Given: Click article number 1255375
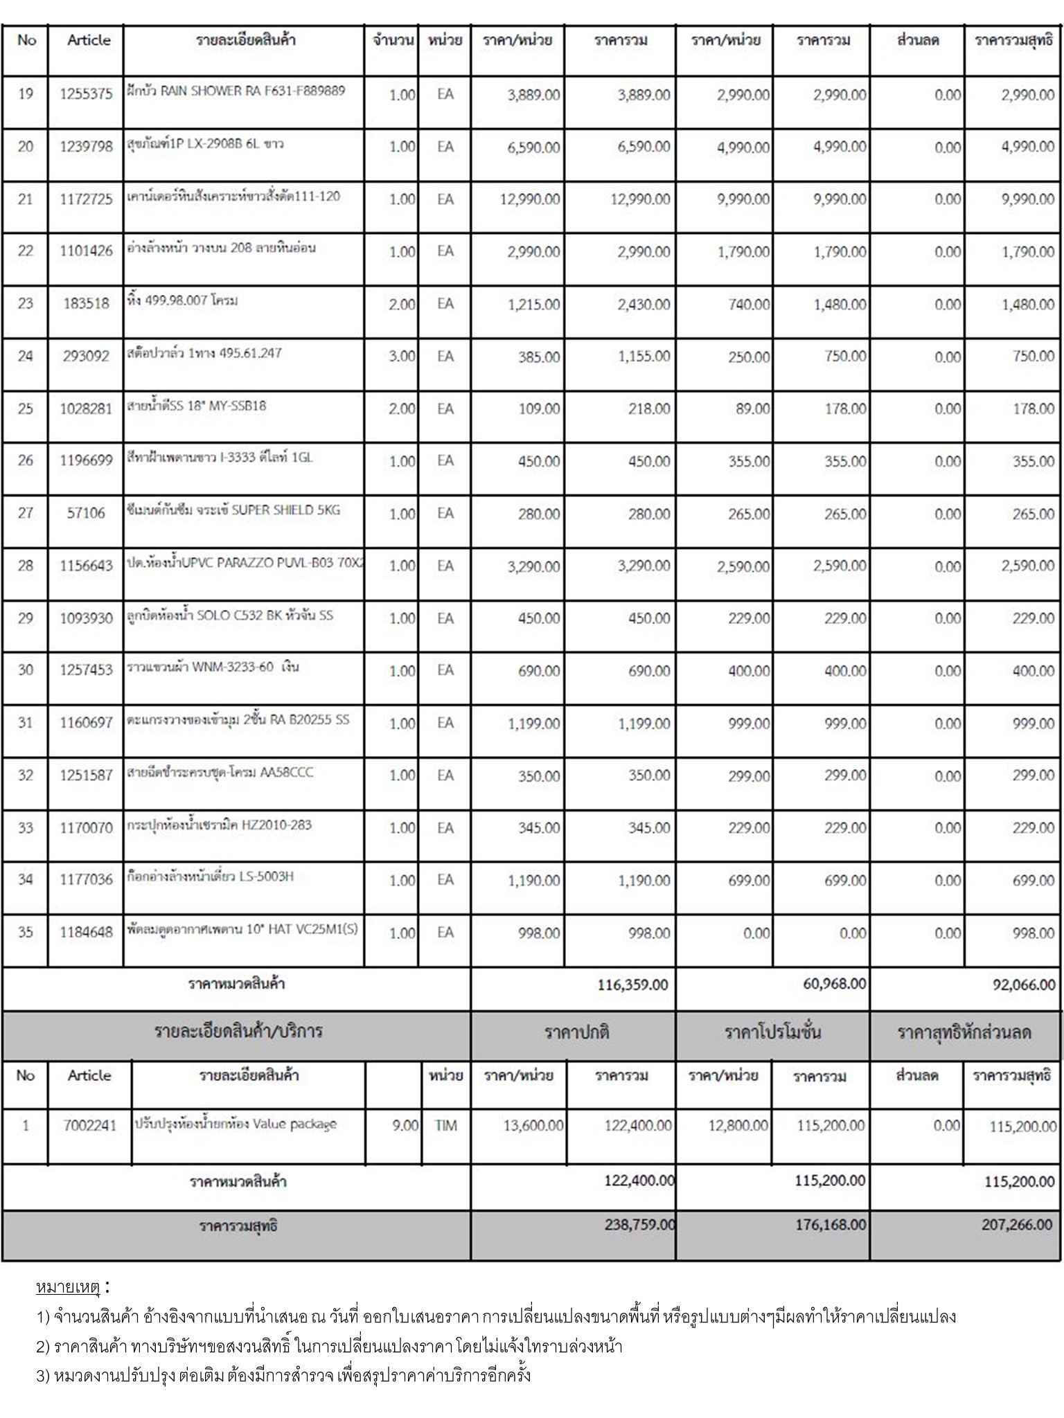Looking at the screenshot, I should pos(86,94).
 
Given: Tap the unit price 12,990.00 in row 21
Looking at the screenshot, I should pos(530,199).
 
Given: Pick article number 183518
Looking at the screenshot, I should pos(86,303).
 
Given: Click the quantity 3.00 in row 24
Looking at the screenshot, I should pos(402,356).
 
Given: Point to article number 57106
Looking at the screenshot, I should pos(86,513).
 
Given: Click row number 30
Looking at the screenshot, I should pos(26,670).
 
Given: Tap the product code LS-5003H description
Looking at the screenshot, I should pos(267,877).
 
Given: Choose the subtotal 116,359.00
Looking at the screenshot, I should pos(632,985).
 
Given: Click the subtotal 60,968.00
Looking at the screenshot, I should pos(834,984).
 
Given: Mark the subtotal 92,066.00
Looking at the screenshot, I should pos(1024,985).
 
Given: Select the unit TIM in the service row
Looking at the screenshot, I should pos(445,1126).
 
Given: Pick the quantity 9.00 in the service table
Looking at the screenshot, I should pos(405,1126).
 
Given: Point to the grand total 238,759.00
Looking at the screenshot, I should pos(639,1225).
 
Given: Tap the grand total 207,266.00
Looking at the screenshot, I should pos(1016,1225).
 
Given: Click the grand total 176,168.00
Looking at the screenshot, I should pos(830,1225).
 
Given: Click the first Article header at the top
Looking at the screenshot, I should pos(89,40).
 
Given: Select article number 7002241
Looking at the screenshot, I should pos(89,1126).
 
